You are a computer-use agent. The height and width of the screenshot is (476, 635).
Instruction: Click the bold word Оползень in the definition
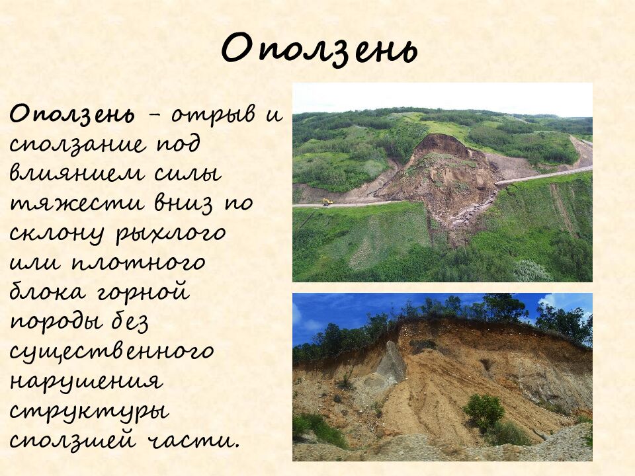pos(71,114)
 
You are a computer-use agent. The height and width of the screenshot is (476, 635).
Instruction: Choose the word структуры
pos(89,412)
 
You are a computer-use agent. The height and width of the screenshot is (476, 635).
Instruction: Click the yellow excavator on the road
pos(327,202)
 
